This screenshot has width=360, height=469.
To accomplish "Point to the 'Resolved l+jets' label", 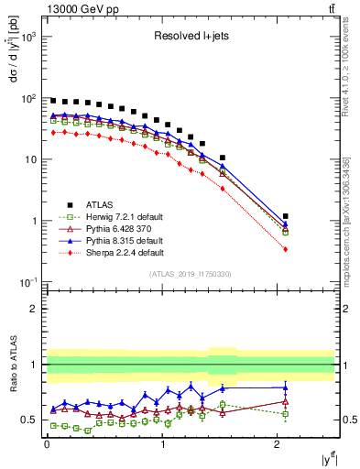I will coord(190,38).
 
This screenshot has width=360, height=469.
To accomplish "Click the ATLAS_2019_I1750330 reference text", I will coord(190,274).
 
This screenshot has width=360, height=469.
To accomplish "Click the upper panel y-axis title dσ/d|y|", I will coord(13,78).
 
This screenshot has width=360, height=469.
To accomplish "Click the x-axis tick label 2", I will coord(278,445).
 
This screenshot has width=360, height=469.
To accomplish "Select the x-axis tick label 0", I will coord(47,445).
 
